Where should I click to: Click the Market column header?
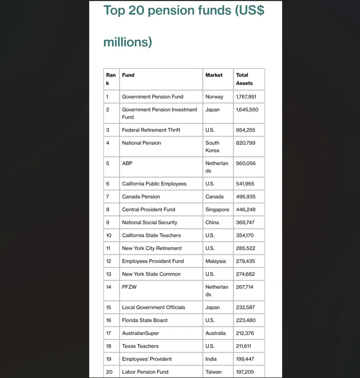[214, 75]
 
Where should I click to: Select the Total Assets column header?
[244, 79]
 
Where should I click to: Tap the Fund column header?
[128, 75]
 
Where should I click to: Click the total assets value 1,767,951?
[246, 97]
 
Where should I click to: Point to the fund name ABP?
[127, 163]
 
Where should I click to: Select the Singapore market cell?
[217, 210]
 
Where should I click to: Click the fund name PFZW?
[129, 287]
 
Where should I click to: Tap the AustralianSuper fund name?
[140, 333]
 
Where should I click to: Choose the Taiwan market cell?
[213, 372]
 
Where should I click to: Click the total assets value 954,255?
[245, 130]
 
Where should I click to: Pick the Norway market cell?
[214, 97]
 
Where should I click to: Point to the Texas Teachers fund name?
[140, 346]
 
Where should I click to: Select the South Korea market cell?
[212, 147]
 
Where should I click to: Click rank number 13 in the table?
[109, 274]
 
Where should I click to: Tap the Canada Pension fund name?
[141, 197]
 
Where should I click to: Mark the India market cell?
[211, 359]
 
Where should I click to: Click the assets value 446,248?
[245, 210]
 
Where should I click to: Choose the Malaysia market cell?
[215, 261]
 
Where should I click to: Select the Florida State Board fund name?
[144, 320]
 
